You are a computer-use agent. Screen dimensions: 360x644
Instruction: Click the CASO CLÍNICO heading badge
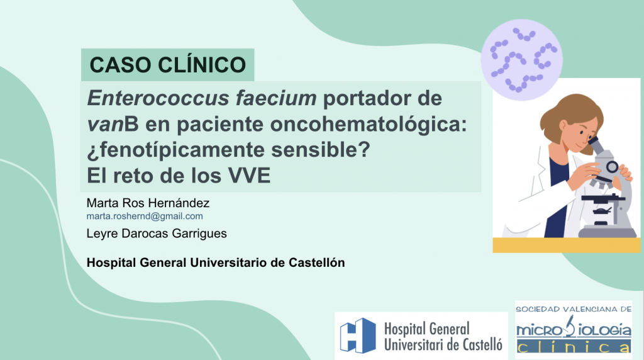pos(167,65)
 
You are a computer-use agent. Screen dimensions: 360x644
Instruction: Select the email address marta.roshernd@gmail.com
pos(145,216)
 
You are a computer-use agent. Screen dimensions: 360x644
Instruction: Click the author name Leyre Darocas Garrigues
pos(157,233)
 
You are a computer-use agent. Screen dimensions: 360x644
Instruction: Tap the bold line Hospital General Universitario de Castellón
pos(216,262)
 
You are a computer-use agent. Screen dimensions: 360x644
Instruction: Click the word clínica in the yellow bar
pos(573,347)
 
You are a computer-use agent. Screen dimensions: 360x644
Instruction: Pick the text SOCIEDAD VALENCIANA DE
pos(574,310)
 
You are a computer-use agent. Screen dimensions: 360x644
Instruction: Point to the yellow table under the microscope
pos(566,245)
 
